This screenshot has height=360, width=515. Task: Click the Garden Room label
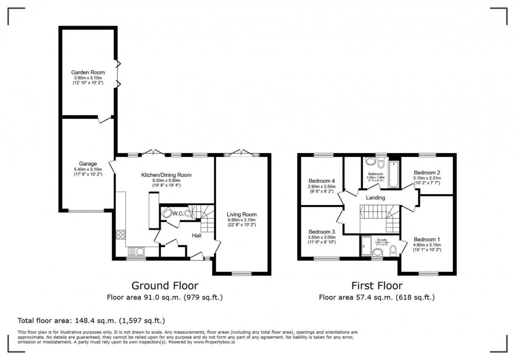pos(88,72)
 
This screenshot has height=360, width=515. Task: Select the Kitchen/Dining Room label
pos(166,175)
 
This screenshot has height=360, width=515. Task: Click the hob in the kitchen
pos(121,234)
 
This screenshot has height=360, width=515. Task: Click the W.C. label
pos(178,214)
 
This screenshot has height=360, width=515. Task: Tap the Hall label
pos(197,236)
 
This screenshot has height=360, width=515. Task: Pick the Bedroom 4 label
pos(322,181)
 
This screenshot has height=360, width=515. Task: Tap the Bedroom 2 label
pos(427,172)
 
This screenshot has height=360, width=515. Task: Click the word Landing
pos(376,197)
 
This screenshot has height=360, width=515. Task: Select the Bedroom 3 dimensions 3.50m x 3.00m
pos(322,237)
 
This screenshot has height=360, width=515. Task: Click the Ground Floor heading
pos(165,286)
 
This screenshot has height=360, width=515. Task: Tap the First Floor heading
pos(376,286)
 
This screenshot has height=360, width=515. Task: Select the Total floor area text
pos(91,320)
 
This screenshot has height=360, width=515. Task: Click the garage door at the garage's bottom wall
pos(86,211)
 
